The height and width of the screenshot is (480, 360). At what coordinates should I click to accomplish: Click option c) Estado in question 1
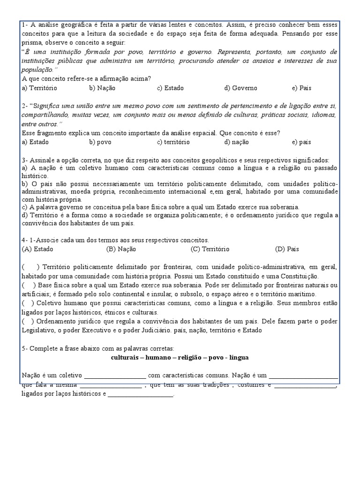click(x=170, y=88)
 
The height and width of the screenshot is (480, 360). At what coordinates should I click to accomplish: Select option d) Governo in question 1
click(x=240, y=88)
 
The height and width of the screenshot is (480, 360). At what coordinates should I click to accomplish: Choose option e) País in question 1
click(x=301, y=88)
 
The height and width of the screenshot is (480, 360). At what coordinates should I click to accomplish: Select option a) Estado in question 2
click(x=35, y=142)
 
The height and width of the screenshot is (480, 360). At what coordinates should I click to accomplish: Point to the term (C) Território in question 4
click(x=210, y=249)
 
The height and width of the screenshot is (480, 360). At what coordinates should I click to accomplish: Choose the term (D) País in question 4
click(x=287, y=249)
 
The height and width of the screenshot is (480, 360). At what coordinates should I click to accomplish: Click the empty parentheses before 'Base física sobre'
click(x=28, y=285)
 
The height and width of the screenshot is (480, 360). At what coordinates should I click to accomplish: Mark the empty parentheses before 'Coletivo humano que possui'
click(x=28, y=303)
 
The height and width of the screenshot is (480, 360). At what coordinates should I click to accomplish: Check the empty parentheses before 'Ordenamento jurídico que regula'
click(x=28, y=321)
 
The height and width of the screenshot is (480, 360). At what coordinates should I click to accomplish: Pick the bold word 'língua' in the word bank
click(x=239, y=357)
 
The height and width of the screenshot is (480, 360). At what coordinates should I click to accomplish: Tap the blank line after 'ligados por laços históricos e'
click(x=141, y=394)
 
